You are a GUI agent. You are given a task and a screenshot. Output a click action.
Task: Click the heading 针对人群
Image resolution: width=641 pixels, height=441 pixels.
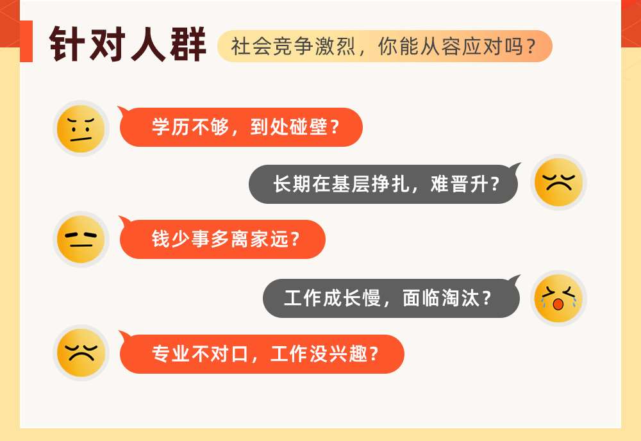point(127,44)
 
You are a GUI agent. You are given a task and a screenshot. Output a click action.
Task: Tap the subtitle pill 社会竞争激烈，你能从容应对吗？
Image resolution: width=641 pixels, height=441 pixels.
point(385,46)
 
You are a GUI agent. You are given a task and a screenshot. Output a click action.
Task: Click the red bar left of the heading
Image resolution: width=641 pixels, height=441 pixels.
point(26,41)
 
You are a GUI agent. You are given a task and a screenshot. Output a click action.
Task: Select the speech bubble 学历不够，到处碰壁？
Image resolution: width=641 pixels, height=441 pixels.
point(240,127)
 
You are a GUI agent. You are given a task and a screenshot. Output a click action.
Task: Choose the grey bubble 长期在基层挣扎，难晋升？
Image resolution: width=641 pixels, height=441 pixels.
point(384,184)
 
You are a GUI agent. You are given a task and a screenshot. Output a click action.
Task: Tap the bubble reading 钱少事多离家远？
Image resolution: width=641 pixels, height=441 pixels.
point(222,238)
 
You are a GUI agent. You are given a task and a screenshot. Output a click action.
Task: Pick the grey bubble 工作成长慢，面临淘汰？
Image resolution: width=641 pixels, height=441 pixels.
point(392,297)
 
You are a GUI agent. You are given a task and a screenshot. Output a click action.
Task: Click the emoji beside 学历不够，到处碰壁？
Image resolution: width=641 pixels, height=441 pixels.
point(81,128)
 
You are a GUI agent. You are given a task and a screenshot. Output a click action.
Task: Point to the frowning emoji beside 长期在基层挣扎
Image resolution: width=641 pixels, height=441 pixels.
point(558,182)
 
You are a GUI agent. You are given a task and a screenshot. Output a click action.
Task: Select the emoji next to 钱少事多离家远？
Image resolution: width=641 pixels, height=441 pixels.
point(81,239)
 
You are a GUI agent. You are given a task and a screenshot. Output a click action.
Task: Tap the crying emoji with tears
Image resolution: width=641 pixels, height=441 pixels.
point(558,298)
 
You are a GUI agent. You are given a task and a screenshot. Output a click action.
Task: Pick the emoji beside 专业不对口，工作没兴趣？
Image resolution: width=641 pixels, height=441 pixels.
point(81,353)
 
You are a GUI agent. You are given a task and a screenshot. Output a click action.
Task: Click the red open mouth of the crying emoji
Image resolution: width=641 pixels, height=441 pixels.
point(558,304)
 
